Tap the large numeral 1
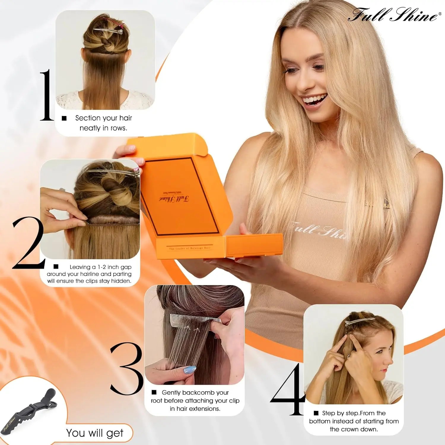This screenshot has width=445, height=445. pos(47,96)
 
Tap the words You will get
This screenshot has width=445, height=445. pos(95,433)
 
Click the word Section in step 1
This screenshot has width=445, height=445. pos(88,118)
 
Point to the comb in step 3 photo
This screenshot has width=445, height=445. pos(196,319)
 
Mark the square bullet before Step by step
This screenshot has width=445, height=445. pos(316,413)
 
